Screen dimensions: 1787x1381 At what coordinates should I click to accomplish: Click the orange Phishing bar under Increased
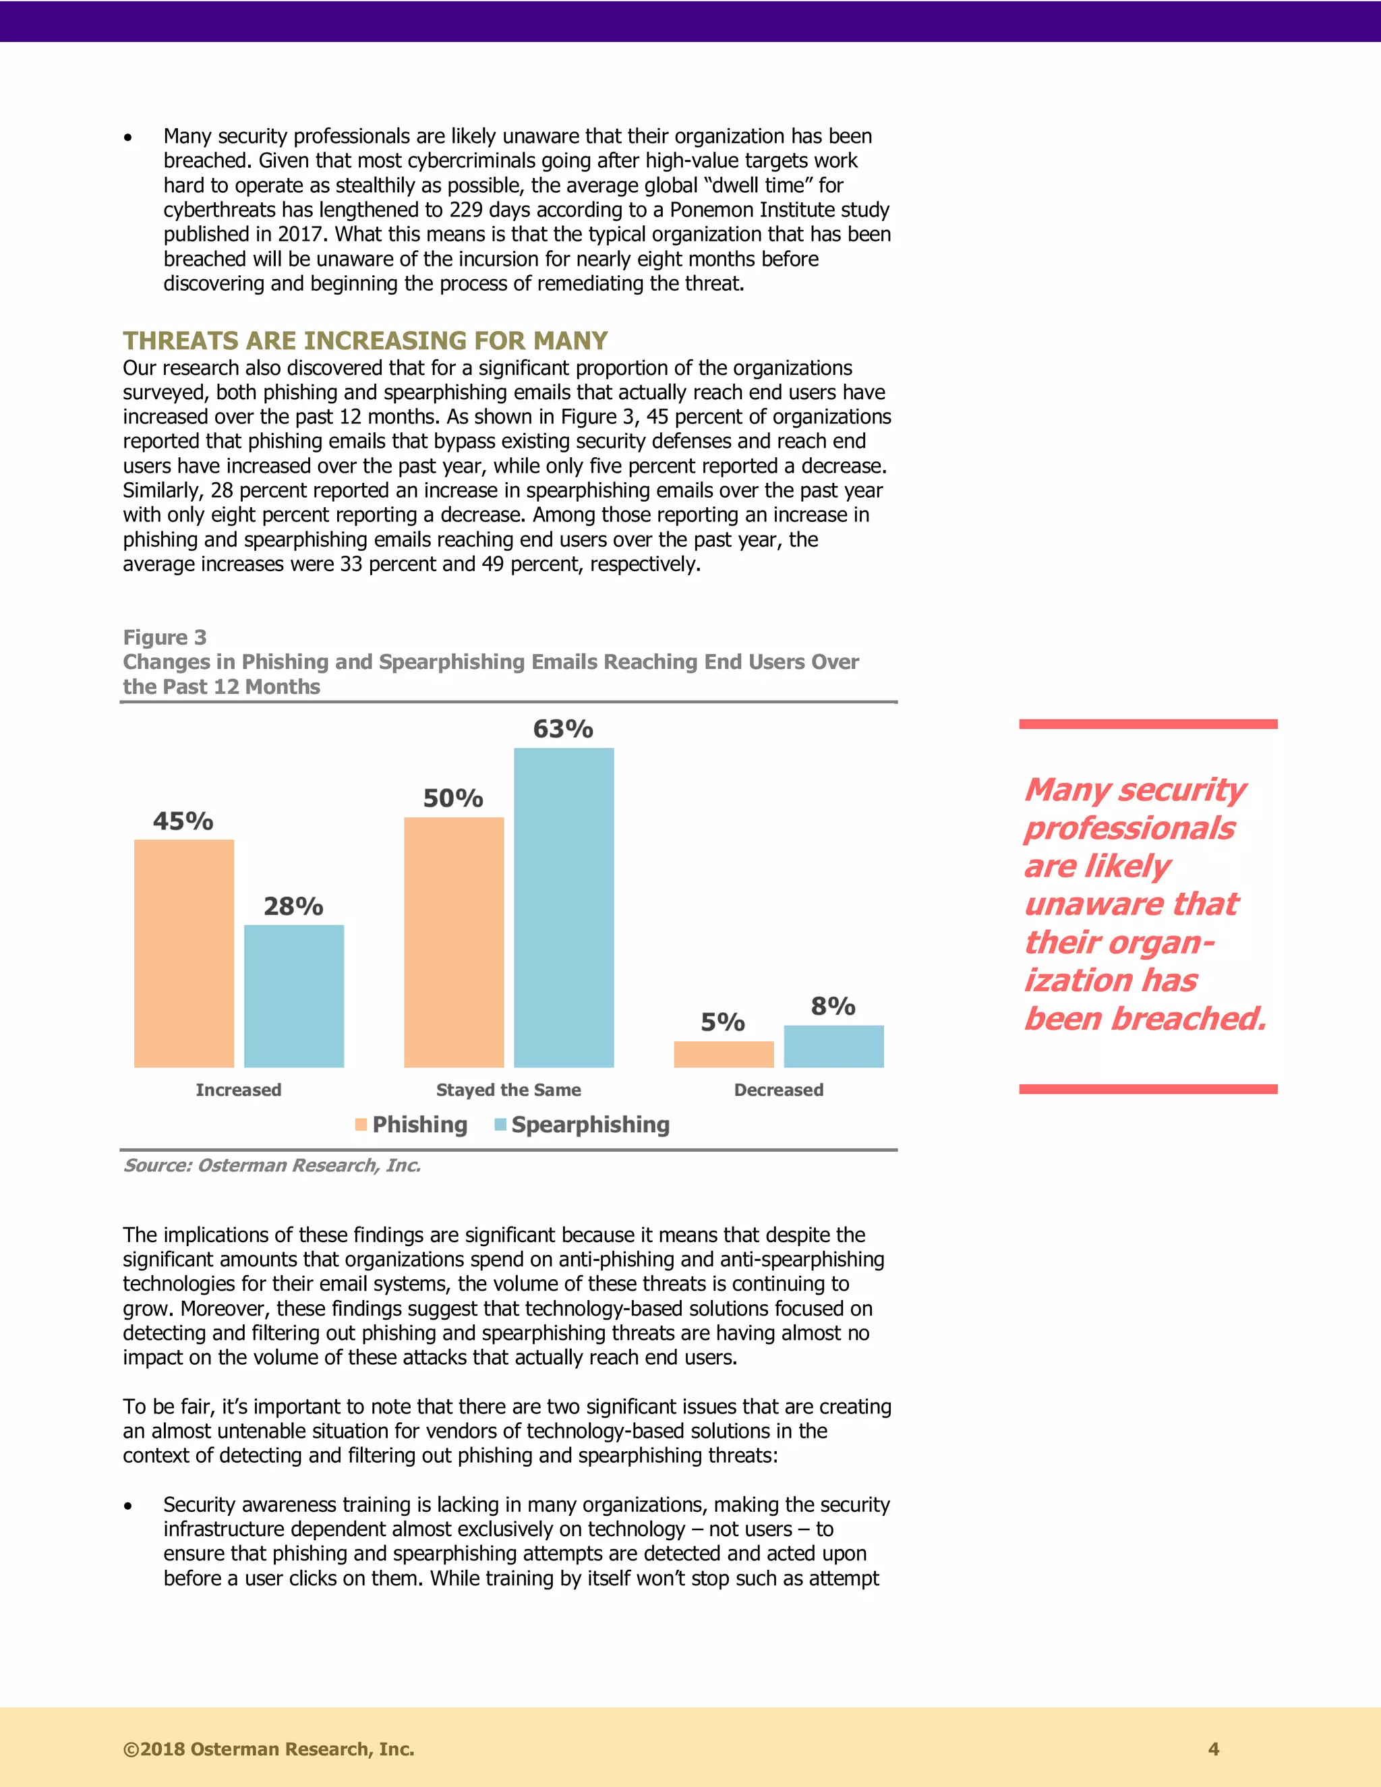[x=184, y=954]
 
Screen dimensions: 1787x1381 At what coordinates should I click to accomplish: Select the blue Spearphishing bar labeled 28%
[x=294, y=996]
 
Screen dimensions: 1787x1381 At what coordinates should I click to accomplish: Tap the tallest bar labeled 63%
[x=564, y=908]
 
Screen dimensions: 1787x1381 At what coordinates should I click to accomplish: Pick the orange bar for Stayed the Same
[x=453, y=942]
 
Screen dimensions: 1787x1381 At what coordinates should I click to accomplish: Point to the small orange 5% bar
[x=724, y=1054]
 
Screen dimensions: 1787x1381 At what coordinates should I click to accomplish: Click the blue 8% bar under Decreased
[x=833, y=1046]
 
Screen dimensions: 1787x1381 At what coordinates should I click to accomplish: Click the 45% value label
[x=183, y=821]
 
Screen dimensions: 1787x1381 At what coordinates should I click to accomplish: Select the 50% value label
[x=453, y=798]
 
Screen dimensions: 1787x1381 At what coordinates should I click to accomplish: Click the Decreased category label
[x=778, y=1090]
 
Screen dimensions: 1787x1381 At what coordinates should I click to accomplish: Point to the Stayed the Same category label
[x=508, y=1090]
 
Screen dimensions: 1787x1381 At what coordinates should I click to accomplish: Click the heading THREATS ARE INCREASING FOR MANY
[x=365, y=341]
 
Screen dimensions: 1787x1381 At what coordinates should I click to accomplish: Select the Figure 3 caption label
[x=165, y=637]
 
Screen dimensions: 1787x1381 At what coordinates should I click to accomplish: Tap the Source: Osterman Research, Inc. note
[x=272, y=1165]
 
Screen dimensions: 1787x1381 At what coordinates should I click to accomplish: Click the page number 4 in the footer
[x=1213, y=1749]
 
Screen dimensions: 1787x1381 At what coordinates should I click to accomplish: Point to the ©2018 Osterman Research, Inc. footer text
[x=268, y=1749]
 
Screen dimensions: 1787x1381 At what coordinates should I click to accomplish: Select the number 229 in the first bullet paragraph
[x=465, y=210]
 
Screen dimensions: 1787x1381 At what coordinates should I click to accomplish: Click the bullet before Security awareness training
[x=127, y=1506]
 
